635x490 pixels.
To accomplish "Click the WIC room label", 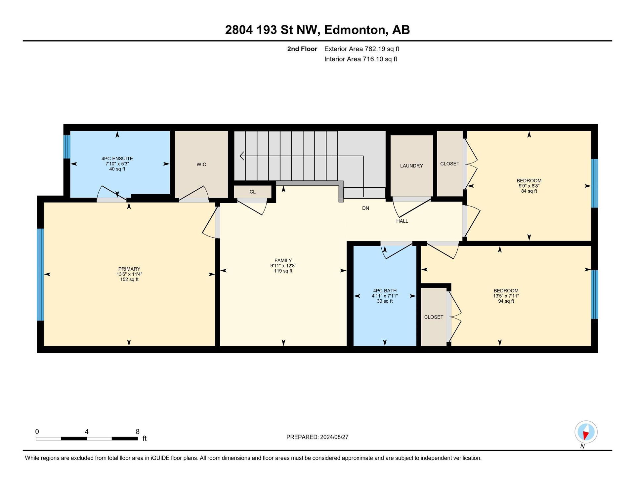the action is pos(201,165).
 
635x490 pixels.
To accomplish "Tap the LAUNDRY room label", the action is pos(411,166).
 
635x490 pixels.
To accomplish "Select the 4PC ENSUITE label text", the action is pos(117,159).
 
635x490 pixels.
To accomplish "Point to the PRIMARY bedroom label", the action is pos(129,269).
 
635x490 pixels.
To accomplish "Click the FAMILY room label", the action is pos(283,260).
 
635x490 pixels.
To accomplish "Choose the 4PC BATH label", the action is pos(385,291).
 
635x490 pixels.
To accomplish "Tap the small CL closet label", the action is pos(253,192).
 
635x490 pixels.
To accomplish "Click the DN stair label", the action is pos(365,208).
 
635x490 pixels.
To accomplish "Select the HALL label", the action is pos(402,221).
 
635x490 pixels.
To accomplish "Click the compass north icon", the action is pos(586,432).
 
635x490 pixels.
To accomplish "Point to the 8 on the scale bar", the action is pos(138,432).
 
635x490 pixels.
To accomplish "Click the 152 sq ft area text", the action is pos(129,280).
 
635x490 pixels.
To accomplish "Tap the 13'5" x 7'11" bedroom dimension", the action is pos(506,296).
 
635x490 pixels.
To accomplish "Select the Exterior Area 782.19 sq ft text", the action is pos(362,49).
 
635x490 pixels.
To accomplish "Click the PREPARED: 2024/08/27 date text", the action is pos(317,437).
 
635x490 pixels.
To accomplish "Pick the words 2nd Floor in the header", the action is pos(302,49).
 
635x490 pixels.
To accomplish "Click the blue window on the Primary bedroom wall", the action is pos(40,275).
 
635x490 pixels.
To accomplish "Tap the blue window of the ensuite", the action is pos(67,147).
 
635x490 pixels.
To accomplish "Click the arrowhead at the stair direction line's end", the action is pos(242,156).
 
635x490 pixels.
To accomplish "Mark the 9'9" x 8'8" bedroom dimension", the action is pos(529,186).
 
